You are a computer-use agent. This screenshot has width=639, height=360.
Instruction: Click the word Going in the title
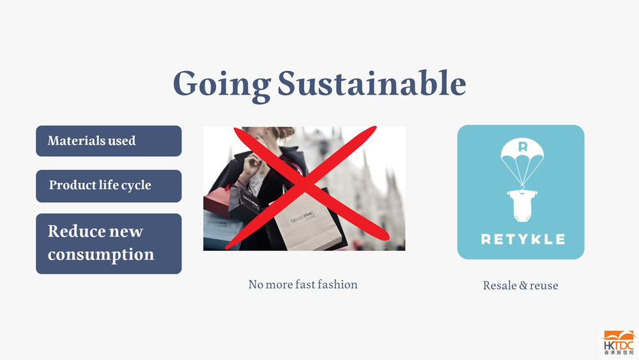click(x=222, y=84)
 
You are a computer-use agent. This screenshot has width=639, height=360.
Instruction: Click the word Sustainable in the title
click(x=372, y=83)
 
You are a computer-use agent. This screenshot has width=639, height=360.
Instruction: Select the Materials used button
click(x=109, y=141)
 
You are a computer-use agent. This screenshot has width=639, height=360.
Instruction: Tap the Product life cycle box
click(x=109, y=186)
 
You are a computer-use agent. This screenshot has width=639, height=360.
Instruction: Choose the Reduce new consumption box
click(x=109, y=244)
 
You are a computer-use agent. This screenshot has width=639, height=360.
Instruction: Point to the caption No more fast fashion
click(x=303, y=284)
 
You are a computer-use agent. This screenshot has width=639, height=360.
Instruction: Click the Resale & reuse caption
click(x=520, y=285)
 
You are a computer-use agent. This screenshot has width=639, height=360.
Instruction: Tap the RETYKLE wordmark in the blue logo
click(x=523, y=239)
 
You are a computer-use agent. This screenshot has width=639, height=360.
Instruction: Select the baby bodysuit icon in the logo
click(x=522, y=205)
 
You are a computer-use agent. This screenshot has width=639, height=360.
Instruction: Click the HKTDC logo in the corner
click(x=619, y=343)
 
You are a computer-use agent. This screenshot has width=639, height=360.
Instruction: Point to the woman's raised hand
click(x=251, y=164)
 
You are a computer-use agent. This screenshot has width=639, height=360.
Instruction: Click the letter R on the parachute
click(x=523, y=146)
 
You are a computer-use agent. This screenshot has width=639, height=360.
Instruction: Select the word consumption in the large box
click(x=101, y=254)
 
